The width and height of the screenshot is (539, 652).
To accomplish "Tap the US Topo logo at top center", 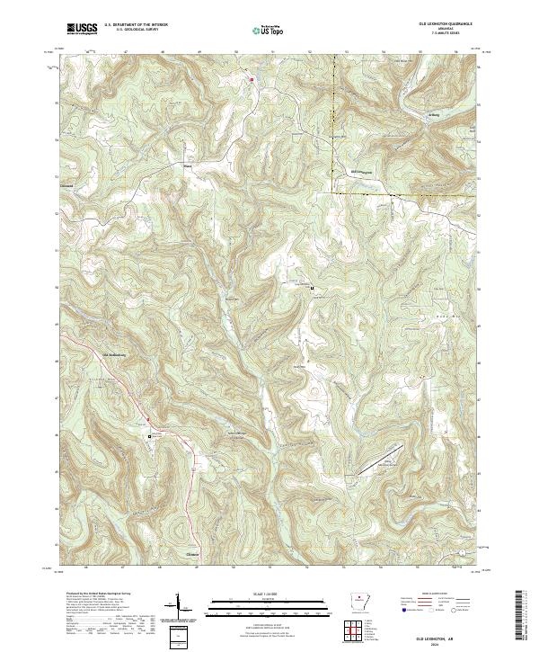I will (269, 30).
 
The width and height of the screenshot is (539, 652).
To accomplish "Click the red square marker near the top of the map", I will (252, 78).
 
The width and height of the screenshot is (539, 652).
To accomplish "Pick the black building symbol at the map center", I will (312, 289).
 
